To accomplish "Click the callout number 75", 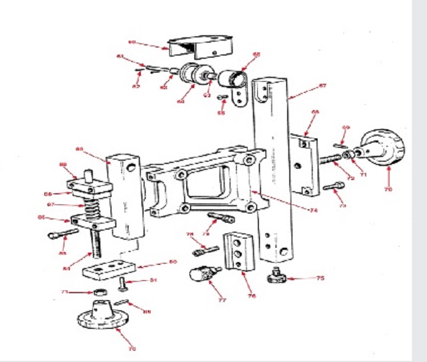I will (x=320, y=278).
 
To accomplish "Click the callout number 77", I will (x=222, y=300).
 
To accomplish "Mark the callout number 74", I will (x=314, y=210).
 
